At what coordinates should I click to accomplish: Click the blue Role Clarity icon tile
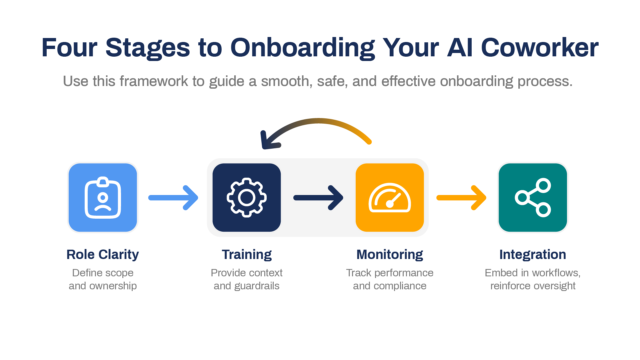tap(103, 197)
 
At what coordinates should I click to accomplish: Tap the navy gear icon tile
tap(247, 197)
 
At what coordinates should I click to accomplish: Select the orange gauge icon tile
tap(390, 197)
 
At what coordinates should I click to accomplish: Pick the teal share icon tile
tap(533, 197)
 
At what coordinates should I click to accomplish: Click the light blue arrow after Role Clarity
tap(173, 198)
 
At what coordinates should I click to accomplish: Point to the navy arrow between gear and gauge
tap(318, 198)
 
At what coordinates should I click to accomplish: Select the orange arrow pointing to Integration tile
tap(461, 198)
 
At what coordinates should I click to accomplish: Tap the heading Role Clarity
tap(103, 255)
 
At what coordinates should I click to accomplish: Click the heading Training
tap(247, 255)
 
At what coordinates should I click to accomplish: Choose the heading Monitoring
tap(390, 255)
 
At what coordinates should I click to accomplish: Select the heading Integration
tap(533, 255)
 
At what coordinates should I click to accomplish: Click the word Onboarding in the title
tap(302, 48)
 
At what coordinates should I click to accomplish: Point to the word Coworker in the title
tap(539, 48)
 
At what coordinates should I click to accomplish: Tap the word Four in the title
tap(69, 48)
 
